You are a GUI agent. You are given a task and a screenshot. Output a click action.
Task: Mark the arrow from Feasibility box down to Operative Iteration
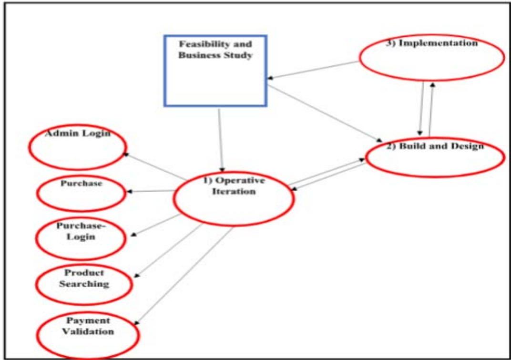pos(220,141)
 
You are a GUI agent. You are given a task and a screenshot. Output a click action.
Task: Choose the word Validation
pos(88,331)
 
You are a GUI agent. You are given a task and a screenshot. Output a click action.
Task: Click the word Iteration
pos(234,192)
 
